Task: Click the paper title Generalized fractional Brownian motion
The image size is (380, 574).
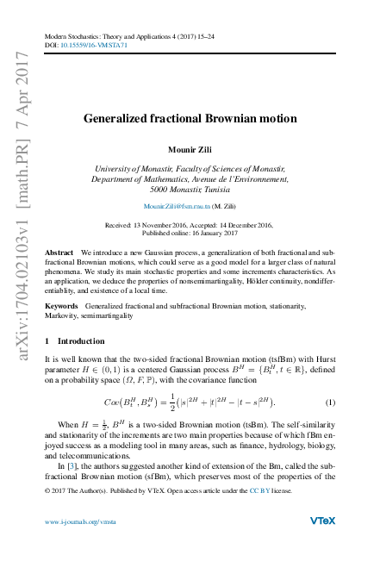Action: click(x=190, y=118)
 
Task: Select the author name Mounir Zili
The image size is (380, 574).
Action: click(x=190, y=147)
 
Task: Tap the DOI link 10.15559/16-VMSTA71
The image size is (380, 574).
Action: click(x=88, y=43)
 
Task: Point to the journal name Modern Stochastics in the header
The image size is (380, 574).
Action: click(x=73, y=35)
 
